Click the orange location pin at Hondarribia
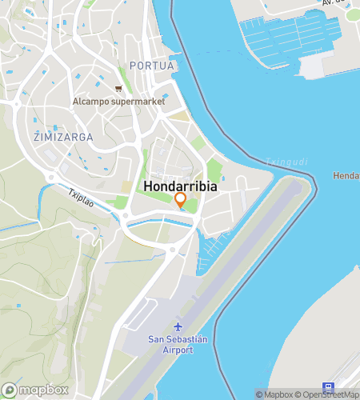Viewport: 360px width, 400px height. click(180, 200)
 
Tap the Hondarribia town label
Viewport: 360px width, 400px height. click(181, 185)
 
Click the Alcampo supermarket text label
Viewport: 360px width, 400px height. click(118, 102)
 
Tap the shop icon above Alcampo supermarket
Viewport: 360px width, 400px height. click(118, 89)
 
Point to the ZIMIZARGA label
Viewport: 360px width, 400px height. click(63, 137)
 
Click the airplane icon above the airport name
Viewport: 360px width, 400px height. click(178, 329)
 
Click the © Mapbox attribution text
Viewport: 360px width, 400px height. click(274, 394)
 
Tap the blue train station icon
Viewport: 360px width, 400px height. click(328, 386)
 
